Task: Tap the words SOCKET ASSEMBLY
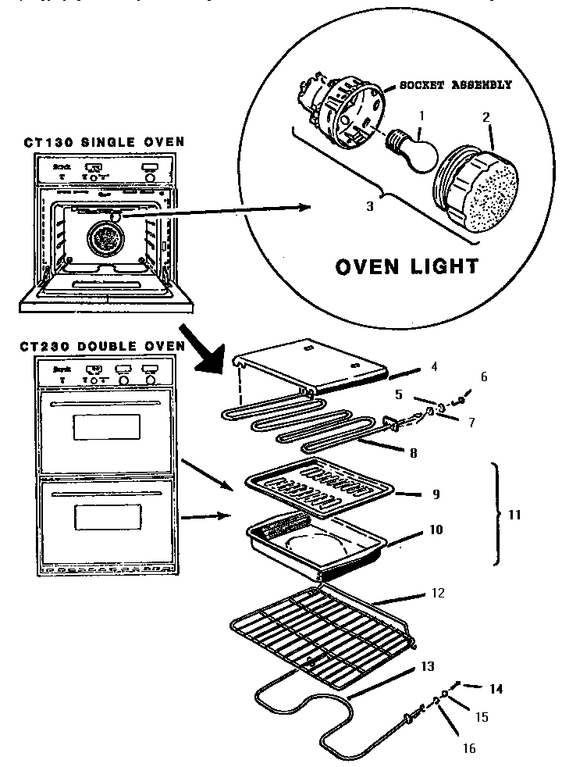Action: tap(455, 85)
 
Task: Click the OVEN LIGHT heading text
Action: tap(406, 266)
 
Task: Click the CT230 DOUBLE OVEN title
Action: tap(104, 345)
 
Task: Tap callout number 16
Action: tap(468, 748)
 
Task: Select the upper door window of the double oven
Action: tap(107, 426)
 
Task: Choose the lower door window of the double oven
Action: tap(107, 516)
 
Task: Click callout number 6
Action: tap(483, 376)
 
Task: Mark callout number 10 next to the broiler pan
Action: tap(436, 530)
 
